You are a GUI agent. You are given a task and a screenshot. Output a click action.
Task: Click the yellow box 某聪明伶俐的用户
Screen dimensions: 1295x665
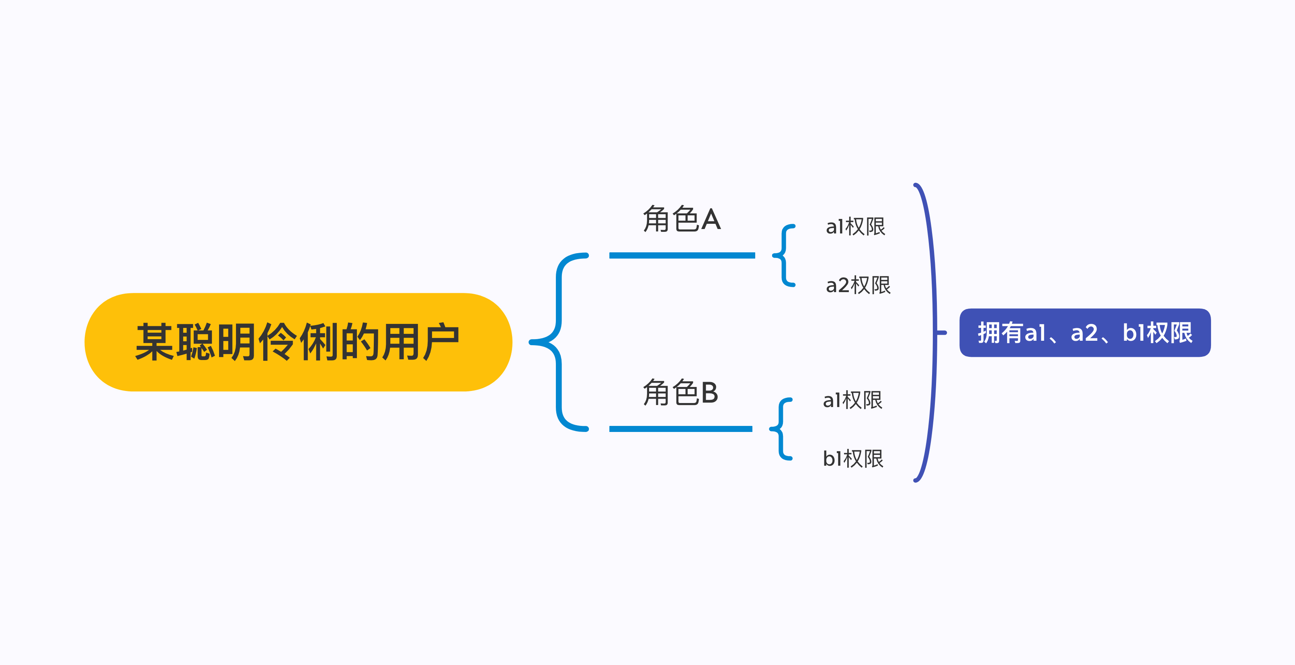click(x=298, y=342)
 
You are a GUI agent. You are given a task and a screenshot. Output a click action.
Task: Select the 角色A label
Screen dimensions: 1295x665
click(x=682, y=219)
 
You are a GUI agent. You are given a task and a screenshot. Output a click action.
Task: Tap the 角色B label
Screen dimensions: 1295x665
click(x=681, y=392)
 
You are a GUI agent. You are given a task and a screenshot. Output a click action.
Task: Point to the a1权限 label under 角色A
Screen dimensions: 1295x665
click(x=855, y=226)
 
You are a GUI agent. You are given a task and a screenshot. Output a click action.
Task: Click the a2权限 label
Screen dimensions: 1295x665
click(x=858, y=285)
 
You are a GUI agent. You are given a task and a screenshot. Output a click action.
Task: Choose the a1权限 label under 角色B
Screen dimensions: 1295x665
click(x=852, y=400)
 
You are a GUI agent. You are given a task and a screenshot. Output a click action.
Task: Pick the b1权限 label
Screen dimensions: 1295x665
click(x=853, y=458)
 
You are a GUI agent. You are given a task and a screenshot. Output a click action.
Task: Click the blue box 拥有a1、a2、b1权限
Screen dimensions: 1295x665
click(x=1085, y=333)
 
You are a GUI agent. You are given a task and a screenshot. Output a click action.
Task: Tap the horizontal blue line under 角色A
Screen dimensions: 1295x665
click(x=682, y=255)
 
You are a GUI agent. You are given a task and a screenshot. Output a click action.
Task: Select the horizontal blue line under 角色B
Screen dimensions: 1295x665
click(x=681, y=429)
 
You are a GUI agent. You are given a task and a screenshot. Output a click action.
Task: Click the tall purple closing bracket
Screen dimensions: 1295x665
click(x=934, y=332)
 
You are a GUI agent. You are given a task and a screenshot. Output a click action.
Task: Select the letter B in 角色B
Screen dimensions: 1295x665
click(x=709, y=393)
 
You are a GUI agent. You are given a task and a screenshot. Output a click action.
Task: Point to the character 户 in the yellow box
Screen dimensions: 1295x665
click(x=441, y=342)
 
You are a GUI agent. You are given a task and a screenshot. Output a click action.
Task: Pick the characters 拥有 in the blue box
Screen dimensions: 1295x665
click(x=1000, y=333)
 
